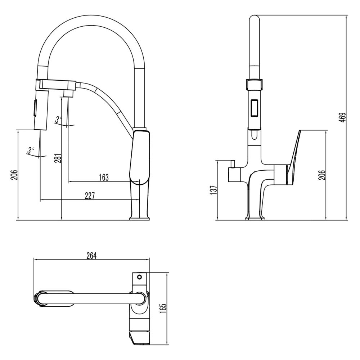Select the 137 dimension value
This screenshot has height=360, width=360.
(x=214, y=190)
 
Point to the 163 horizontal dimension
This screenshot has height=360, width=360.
(x=103, y=177)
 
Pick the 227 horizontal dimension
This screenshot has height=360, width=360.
(x=90, y=195)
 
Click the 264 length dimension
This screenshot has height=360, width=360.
(x=91, y=255)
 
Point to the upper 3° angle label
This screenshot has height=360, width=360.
(x=59, y=119)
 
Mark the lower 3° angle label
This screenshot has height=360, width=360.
(x=31, y=149)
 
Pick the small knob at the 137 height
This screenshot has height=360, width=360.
(x=233, y=165)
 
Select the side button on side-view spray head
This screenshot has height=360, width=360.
(x=35, y=108)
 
